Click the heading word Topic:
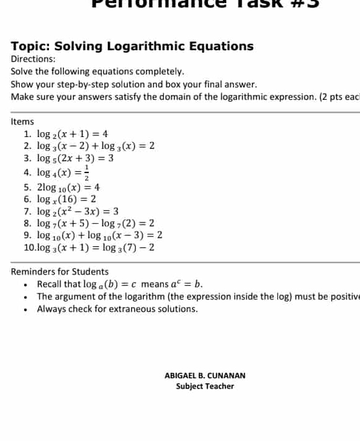tap(31, 47)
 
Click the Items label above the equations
tap(22, 122)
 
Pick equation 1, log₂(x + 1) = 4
tap(73, 134)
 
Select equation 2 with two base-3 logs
tap(96, 146)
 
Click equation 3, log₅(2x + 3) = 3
tap(75, 159)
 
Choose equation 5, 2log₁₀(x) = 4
tap(69, 187)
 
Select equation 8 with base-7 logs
tap(96, 223)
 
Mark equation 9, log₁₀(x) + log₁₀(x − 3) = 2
tap(99, 236)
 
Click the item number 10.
tap(29, 248)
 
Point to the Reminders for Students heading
tap(60, 272)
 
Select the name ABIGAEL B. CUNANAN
tap(205, 375)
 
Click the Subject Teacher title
tap(205, 386)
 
